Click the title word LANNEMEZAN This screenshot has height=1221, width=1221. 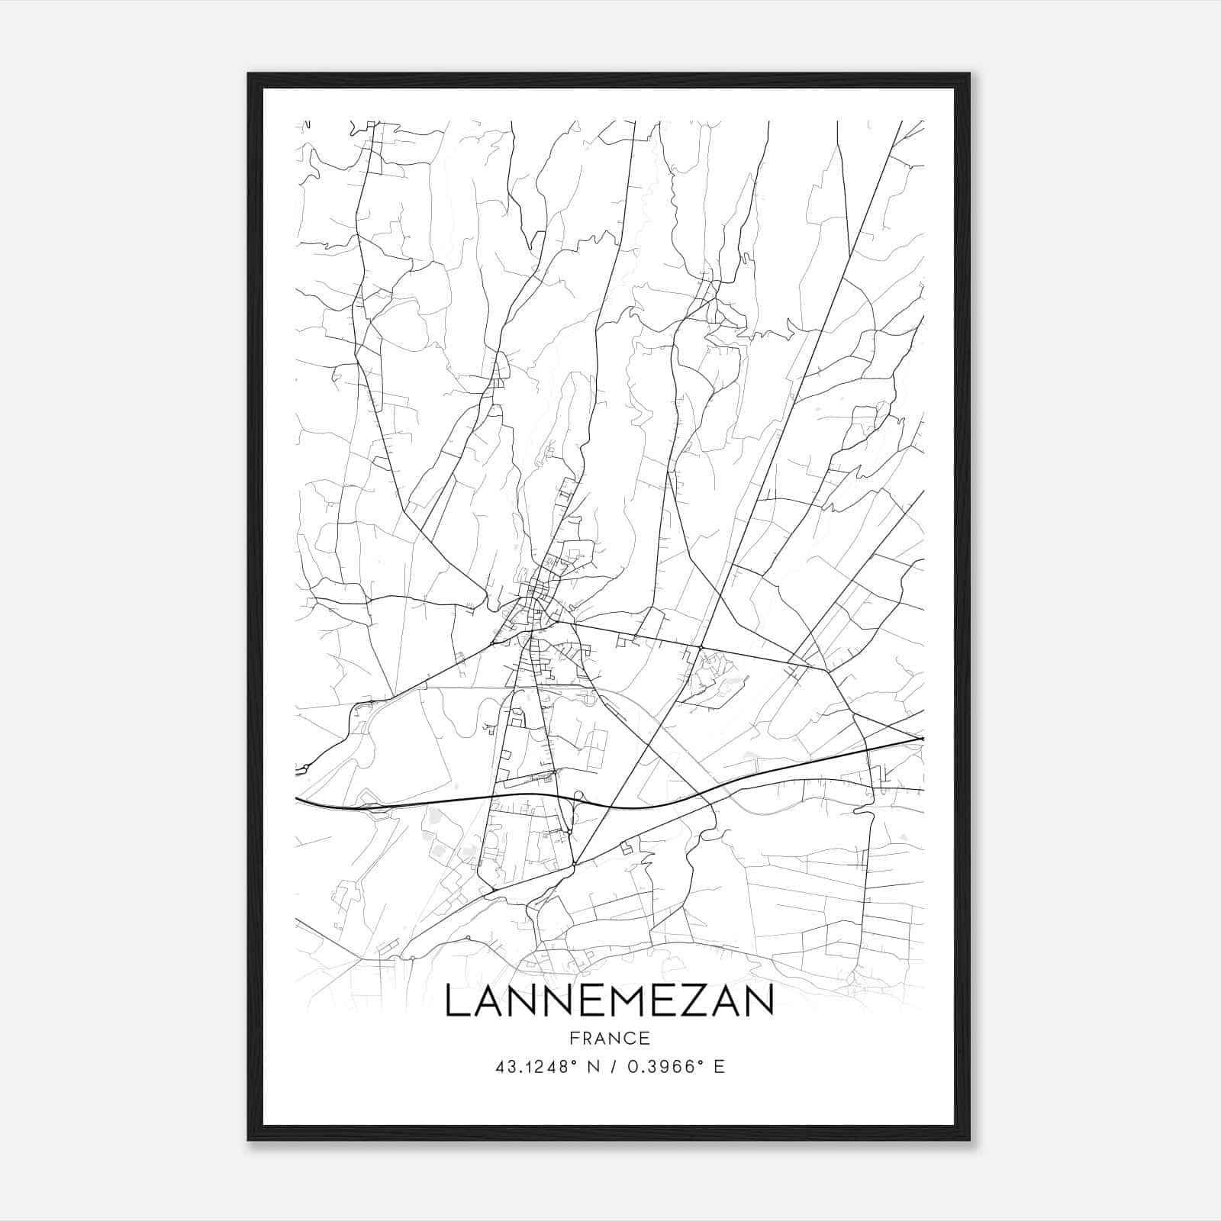[609, 1001]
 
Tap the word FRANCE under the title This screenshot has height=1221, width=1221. [609, 1039]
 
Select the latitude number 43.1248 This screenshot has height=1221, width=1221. [530, 1067]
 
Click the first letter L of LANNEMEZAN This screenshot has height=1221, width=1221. [456, 1001]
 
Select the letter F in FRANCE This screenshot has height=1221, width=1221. [574, 1039]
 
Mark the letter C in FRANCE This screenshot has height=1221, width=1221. [632, 1039]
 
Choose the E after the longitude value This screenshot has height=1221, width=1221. [719, 1067]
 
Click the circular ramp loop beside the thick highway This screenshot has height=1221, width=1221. [578, 797]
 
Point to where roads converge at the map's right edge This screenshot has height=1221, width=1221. [921, 739]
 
